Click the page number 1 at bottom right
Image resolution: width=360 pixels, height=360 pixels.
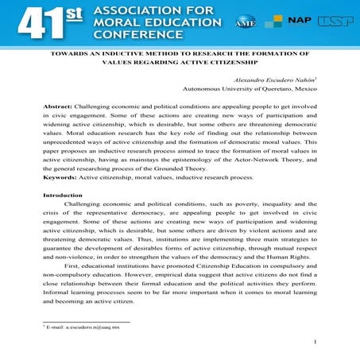[315, 343]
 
